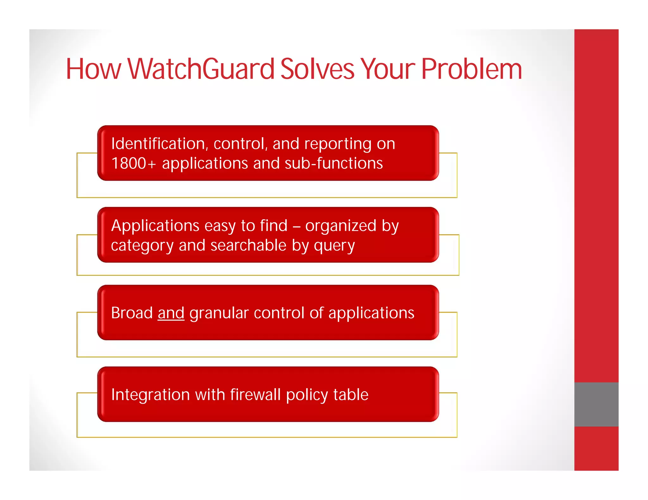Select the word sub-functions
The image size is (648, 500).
[334, 163]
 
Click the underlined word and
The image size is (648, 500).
[171, 313]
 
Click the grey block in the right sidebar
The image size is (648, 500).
[596, 404]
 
